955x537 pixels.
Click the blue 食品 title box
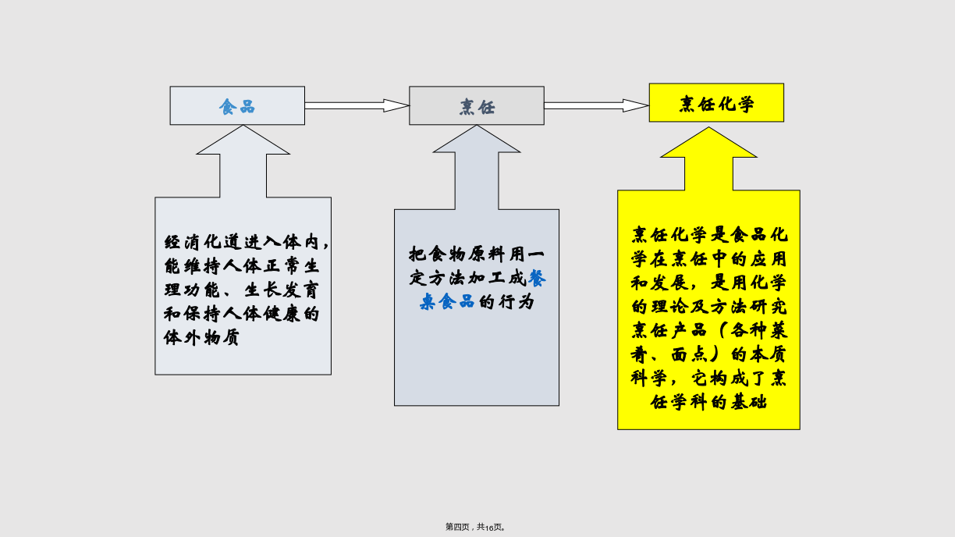coord(237,106)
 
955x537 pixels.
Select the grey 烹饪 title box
coord(477,106)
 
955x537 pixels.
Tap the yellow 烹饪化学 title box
coord(716,103)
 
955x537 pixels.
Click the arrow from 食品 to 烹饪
coord(357,106)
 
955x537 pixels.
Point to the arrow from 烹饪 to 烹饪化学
coord(596,106)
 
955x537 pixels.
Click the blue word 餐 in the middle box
coord(537,279)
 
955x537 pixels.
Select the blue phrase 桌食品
coord(447,302)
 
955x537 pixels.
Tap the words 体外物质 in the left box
coord(201,337)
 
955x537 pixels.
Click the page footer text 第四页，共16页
coord(475,527)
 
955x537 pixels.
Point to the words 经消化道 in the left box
coord(201,242)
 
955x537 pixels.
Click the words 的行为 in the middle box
coord(506,302)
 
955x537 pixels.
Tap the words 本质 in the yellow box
coord(769,354)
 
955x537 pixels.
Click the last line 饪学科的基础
coord(708,402)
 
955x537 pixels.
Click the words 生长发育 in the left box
coord(282,290)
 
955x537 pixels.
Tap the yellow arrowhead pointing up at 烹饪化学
coord(708,143)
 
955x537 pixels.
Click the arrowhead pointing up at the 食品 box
coord(243,140)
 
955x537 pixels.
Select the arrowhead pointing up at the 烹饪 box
coord(477,139)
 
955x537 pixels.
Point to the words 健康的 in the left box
coord(292,314)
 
